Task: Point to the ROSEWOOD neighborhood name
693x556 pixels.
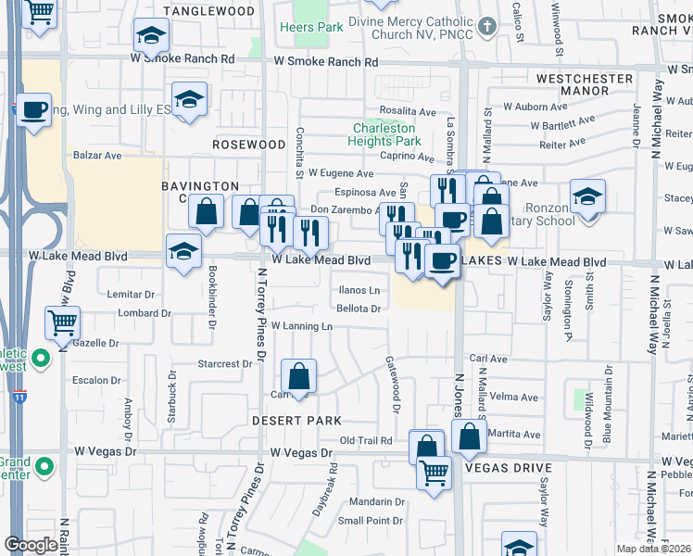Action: pos(249,145)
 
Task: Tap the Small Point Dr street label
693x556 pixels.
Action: pos(369,520)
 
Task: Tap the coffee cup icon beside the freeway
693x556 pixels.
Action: pos(34,111)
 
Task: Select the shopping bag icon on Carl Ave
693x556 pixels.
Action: pos(298,377)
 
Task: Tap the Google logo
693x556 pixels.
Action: pos(31,545)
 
